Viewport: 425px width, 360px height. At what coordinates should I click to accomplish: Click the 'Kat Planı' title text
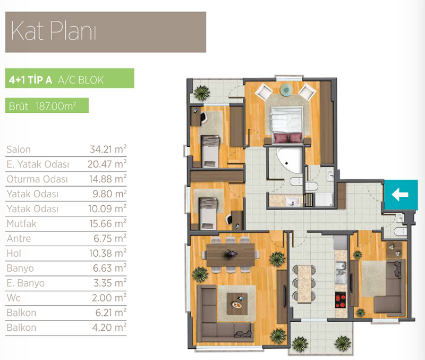coord(54,31)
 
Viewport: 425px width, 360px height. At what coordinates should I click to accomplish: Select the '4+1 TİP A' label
coord(30,80)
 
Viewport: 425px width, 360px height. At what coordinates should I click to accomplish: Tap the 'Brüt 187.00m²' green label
coord(42,106)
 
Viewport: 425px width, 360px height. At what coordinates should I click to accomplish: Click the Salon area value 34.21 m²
coord(108,149)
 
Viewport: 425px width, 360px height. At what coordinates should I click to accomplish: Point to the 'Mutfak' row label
coord(21,223)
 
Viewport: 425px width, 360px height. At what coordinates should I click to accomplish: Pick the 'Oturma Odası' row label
coord(37,179)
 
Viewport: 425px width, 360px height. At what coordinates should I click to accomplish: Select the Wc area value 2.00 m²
coord(109,298)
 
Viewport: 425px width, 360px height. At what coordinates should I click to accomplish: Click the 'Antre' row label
coord(19,238)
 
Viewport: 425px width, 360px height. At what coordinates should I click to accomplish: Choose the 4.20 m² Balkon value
coord(109,327)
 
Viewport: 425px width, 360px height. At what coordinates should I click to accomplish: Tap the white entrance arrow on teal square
coord(400,195)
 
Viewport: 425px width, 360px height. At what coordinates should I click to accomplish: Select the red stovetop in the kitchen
coord(341,300)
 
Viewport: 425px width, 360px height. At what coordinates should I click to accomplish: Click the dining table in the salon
coord(231,255)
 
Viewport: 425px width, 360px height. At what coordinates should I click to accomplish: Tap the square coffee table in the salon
coord(237,304)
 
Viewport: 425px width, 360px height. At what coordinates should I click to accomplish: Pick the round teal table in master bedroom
coord(286,90)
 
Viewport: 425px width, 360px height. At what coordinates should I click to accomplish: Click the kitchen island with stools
coord(304,284)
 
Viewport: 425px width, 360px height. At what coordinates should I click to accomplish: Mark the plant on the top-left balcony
coord(202,93)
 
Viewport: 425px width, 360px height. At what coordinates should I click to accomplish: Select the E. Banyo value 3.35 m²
coord(110,283)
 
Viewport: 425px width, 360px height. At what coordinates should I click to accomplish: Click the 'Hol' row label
coord(14,254)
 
